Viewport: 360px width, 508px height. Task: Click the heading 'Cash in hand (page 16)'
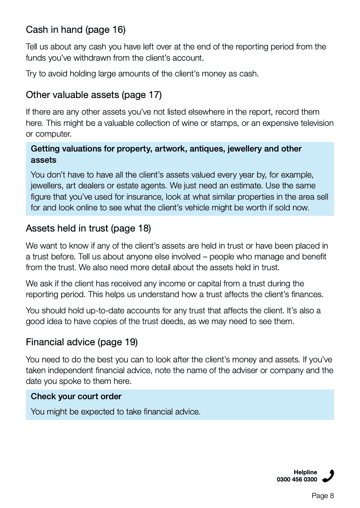[x=76, y=30]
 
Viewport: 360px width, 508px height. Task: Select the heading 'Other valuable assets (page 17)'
[x=94, y=95]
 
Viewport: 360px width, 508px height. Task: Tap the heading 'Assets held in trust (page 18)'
[x=88, y=228]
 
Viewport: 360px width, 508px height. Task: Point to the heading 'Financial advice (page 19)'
[x=81, y=342]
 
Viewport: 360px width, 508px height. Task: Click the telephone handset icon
[x=328, y=476]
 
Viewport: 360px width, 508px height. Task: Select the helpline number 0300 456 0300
[x=297, y=480]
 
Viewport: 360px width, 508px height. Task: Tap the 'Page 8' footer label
[x=323, y=496]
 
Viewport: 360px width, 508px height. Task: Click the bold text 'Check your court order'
[x=76, y=397]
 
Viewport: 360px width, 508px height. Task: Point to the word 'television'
[x=313, y=123]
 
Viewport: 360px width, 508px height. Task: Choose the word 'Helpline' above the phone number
[x=305, y=472]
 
